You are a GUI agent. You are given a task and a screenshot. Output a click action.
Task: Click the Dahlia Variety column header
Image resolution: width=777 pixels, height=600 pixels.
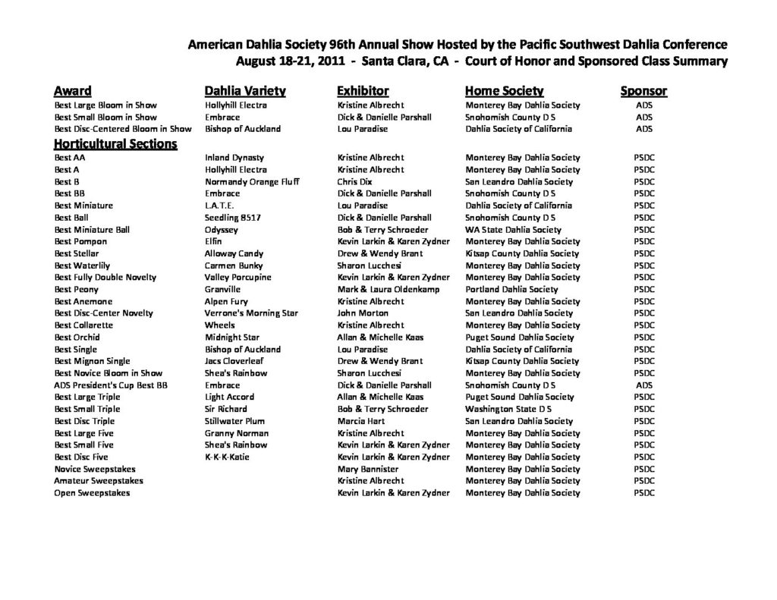[x=245, y=91]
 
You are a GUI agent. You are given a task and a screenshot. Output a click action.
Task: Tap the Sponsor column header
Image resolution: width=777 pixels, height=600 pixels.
[x=643, y=91]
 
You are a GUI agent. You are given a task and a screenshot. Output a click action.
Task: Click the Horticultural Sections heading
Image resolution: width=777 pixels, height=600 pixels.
[x=115, y=143]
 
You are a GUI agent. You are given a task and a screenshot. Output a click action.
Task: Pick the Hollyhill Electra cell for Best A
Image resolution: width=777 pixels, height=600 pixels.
[x=235, y=170]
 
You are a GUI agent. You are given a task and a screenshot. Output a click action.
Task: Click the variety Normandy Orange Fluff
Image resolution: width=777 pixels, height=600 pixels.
[x=252, y=182]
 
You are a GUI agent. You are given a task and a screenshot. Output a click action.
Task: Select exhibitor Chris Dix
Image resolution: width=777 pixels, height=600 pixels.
[x=354, y=182]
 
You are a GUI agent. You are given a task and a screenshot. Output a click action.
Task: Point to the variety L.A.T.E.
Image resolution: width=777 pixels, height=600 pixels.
[x=219, y=206]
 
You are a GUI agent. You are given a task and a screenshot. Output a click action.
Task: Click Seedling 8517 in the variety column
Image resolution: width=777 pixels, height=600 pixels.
[x=233, y=218]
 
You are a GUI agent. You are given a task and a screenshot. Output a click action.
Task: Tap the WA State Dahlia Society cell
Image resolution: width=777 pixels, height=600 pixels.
[x=513, y=230]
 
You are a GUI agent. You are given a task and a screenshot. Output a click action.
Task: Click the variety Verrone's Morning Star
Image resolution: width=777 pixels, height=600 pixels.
[x=251, y=313]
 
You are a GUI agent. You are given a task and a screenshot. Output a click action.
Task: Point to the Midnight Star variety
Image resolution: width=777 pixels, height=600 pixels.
[x=232, y=338]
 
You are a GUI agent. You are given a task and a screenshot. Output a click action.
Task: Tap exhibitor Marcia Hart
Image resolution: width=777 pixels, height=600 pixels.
[x=361, y=421]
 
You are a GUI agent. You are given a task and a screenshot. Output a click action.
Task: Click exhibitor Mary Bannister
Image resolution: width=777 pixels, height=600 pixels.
[x=368, y=470]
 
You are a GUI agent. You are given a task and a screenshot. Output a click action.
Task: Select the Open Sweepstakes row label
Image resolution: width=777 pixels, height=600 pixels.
[x=92, y=493]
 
